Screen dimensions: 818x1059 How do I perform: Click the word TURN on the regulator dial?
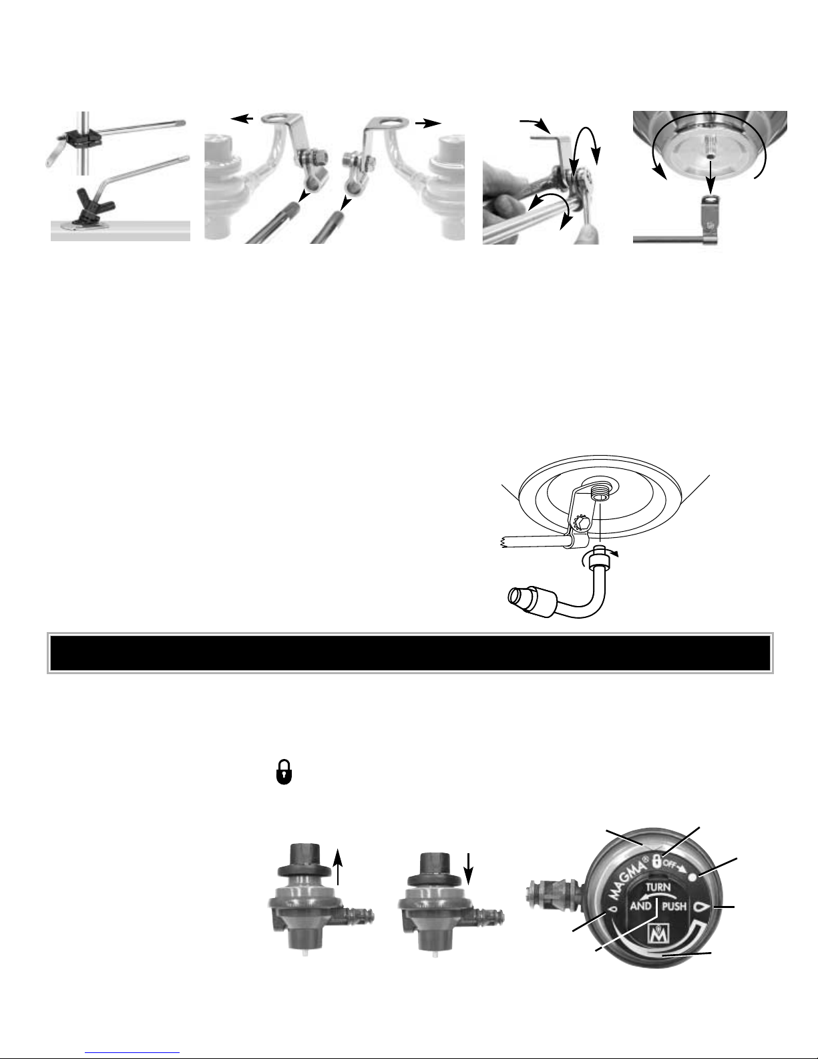(658, 887)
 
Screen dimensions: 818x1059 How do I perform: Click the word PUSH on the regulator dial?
(674, 907)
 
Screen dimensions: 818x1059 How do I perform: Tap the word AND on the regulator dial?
(641, 907)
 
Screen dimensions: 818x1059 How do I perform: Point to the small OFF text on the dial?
(670, 865)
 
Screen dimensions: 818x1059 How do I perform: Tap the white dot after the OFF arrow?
(692, 877)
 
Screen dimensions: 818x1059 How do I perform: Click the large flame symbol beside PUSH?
(702, 907)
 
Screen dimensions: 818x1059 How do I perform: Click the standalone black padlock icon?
(284, 772)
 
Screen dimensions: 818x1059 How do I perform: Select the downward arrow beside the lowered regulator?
(468, 869)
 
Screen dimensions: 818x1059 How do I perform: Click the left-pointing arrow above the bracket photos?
(242, 118)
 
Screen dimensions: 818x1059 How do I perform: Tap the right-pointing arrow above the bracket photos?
(429, 124)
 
